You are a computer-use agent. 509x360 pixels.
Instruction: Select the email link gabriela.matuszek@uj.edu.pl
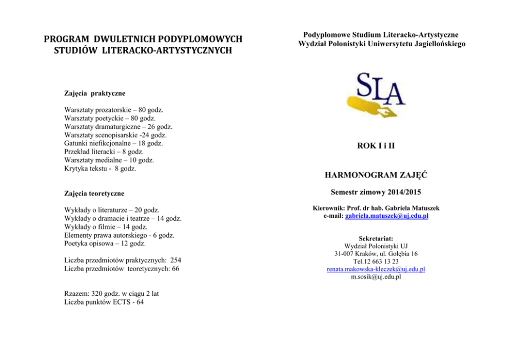tap(387, 216)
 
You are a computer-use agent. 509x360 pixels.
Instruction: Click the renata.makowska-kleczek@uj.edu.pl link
tap(376, 269)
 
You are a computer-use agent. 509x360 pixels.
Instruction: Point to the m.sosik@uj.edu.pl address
tap(376, 277)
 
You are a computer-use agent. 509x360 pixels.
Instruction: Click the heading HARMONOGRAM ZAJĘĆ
tap(376, 176)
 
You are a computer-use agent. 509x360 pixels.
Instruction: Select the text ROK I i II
tap(376, 146)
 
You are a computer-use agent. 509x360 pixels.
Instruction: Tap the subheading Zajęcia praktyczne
tap(94, 93)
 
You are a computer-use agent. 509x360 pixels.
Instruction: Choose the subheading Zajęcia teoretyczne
tap(95, 194)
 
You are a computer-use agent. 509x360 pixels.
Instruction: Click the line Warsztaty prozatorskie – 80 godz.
tap(113, 110)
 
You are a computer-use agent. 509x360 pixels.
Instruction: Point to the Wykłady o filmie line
tap(106, 227)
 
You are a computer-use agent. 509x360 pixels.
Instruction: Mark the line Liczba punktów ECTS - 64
tap(104, 302)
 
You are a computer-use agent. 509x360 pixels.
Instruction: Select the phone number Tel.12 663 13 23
tap(376, 261)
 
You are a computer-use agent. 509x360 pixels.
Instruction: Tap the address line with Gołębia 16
tap(376, 254)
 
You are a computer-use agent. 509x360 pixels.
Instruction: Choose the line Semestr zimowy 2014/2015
tap(376, 194)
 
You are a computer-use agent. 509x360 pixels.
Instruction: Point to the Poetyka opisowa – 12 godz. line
tap(105, 243)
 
